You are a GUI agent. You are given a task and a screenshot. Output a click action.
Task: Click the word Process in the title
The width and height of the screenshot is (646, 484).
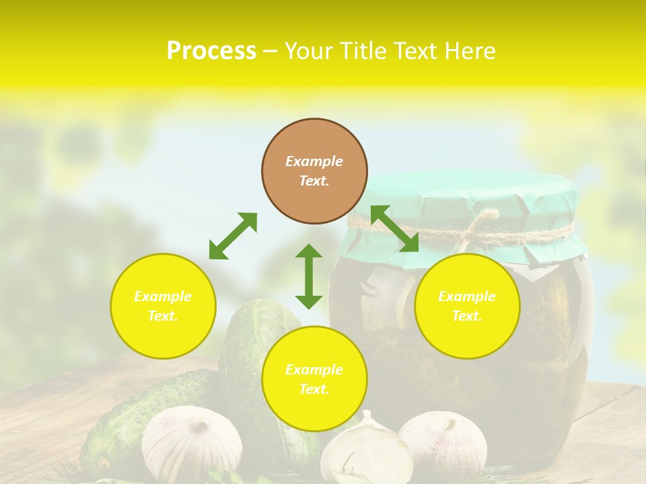tap(211, 51)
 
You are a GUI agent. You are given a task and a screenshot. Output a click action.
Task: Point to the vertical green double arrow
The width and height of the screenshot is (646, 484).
tap(309, 276)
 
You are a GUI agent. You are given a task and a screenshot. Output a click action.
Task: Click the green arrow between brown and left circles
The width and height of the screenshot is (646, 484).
tap(233, 236)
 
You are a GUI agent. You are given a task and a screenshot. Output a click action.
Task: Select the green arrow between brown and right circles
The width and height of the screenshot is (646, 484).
tap(394, 229)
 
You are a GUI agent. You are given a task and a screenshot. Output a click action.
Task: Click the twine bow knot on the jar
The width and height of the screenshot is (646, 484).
tap(482, 225)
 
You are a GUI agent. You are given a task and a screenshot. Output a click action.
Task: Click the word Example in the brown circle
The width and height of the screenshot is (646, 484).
tap(314, 161)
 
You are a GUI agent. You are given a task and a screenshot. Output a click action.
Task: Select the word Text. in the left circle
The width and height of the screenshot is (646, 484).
tap(163, 316)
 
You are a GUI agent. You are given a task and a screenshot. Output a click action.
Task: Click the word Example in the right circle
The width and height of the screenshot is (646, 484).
tap(467, 296)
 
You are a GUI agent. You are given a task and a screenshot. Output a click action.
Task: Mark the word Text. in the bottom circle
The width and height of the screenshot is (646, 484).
tap(314, 389)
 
